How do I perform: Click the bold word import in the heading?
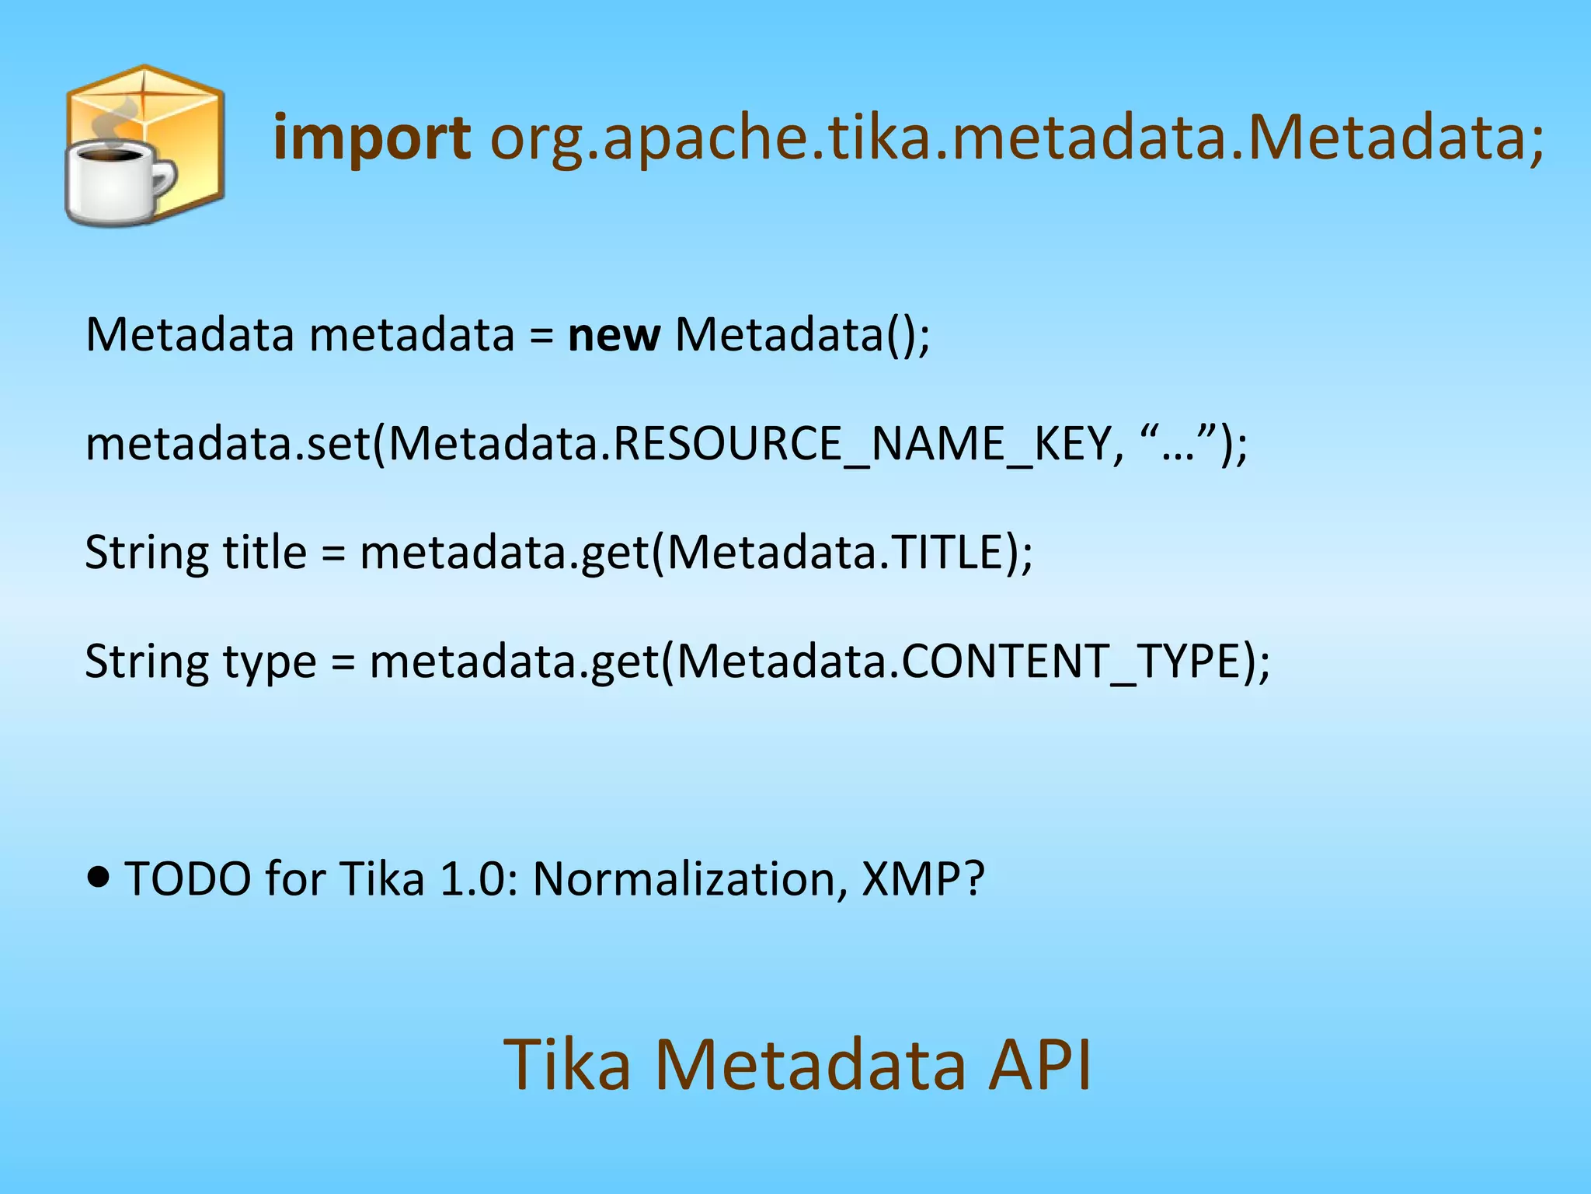(x=371, y=138)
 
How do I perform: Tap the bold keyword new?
(x=614, y=335)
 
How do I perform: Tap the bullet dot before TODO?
(x=98, y=878)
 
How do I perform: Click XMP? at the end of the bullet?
(x=923, y=879)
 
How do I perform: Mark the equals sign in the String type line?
(x=343, y=663)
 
